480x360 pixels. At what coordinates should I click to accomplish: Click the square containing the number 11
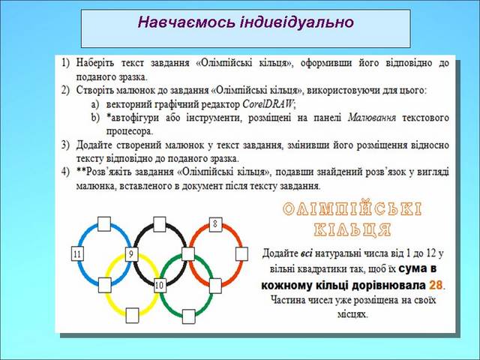coord(77,253)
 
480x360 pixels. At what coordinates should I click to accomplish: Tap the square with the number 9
coord(131,254)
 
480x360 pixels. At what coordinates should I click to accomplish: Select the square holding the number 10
coord(160,285)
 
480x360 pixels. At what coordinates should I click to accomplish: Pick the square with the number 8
coord(215,224)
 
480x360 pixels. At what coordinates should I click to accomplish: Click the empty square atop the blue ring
coord(104,224)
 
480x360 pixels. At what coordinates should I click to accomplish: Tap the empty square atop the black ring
coord(160,224)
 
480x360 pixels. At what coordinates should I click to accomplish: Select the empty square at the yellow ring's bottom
coord(132,315)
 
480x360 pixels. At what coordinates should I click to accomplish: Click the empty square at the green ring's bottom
coord(188,316)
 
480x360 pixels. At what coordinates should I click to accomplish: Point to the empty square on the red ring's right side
coord(241,254)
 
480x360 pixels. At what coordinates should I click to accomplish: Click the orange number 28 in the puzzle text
coord(436,285)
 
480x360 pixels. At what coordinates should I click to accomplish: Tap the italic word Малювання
coord(372,118)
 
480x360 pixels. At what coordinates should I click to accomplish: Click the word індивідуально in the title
coord(297,22)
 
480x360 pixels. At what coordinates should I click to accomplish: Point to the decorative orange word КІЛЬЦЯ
coord(352,229)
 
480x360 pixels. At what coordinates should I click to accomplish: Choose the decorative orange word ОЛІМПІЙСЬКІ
coord(352,209)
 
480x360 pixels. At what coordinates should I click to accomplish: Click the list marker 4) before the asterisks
coord(65,172)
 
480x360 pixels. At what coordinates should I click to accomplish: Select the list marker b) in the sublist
coord(95,118)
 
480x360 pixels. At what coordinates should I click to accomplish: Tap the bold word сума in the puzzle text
coord(413,268)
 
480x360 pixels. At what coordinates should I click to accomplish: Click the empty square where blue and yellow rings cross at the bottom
coord(105,285)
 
